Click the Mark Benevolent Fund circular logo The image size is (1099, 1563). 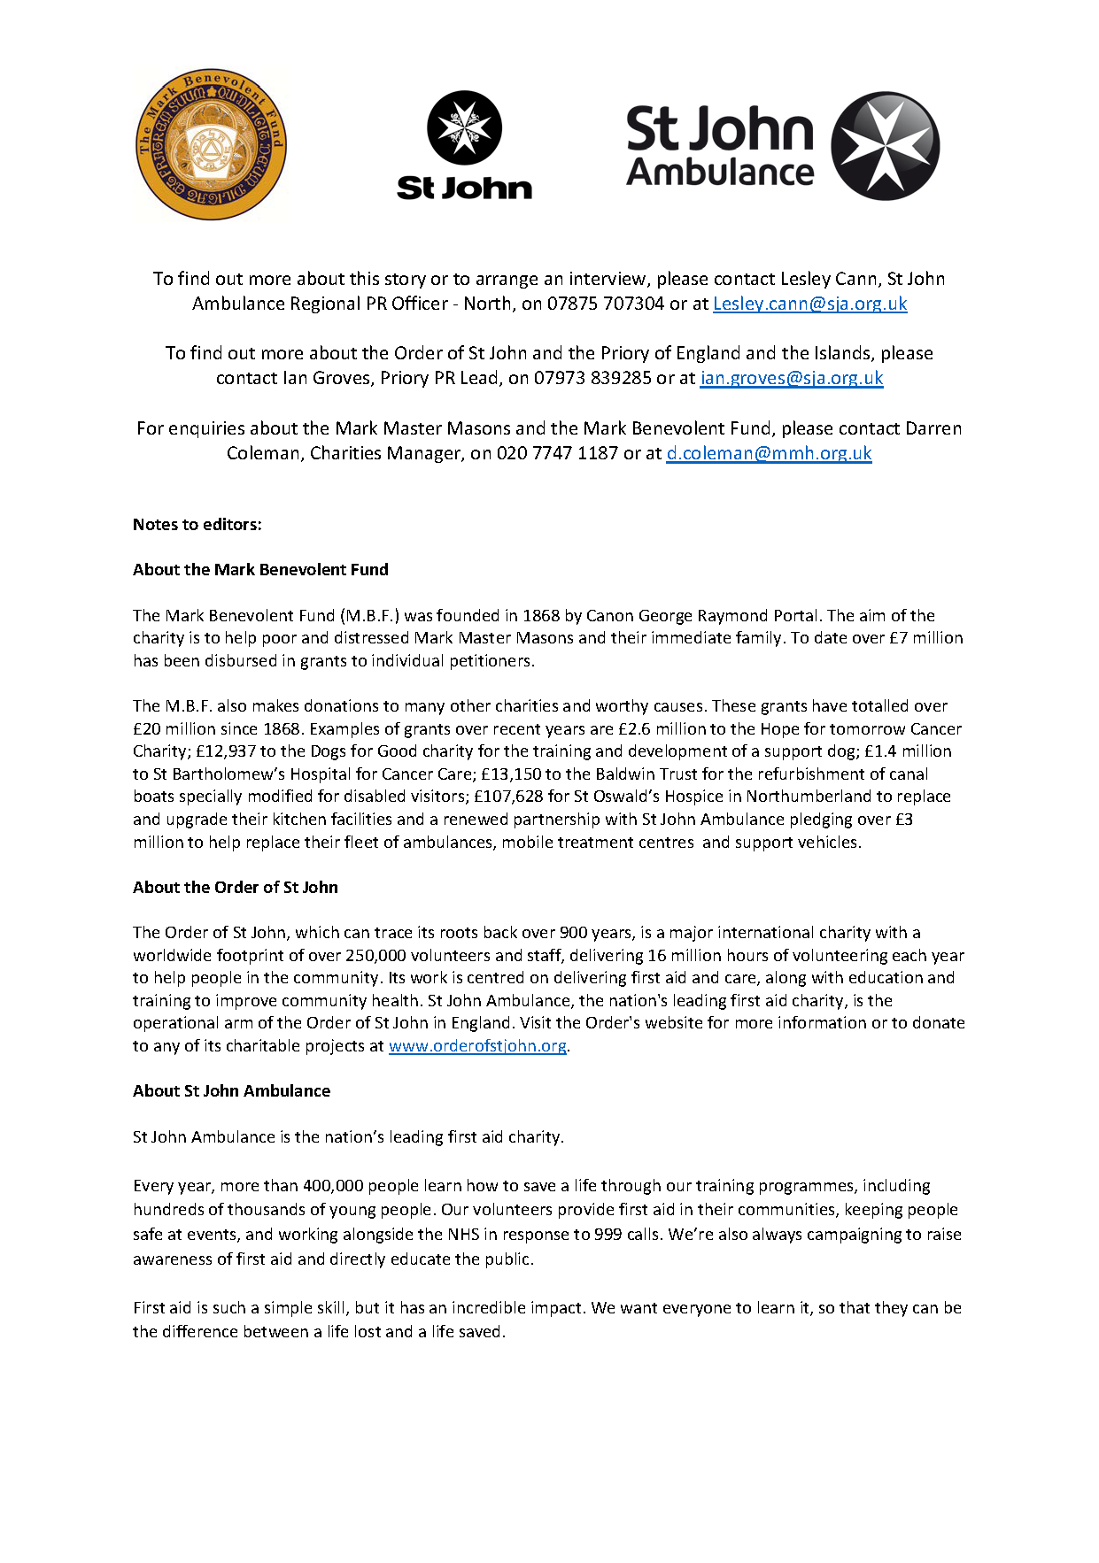[212, 146]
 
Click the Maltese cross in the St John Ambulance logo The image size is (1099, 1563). [885, 146]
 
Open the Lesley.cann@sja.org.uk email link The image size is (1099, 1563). [809, 304]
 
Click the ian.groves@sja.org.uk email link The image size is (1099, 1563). [792, 378]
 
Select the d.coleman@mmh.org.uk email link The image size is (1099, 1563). [769, 453]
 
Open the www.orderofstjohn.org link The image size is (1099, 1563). [477, 1045]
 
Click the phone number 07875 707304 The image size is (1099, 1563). [605, 304]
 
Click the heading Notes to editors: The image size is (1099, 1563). [197, 524]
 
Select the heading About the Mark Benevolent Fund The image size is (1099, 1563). [260, 569]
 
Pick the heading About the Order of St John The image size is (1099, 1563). [235, 887]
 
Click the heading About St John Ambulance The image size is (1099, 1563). [231, 1090]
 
